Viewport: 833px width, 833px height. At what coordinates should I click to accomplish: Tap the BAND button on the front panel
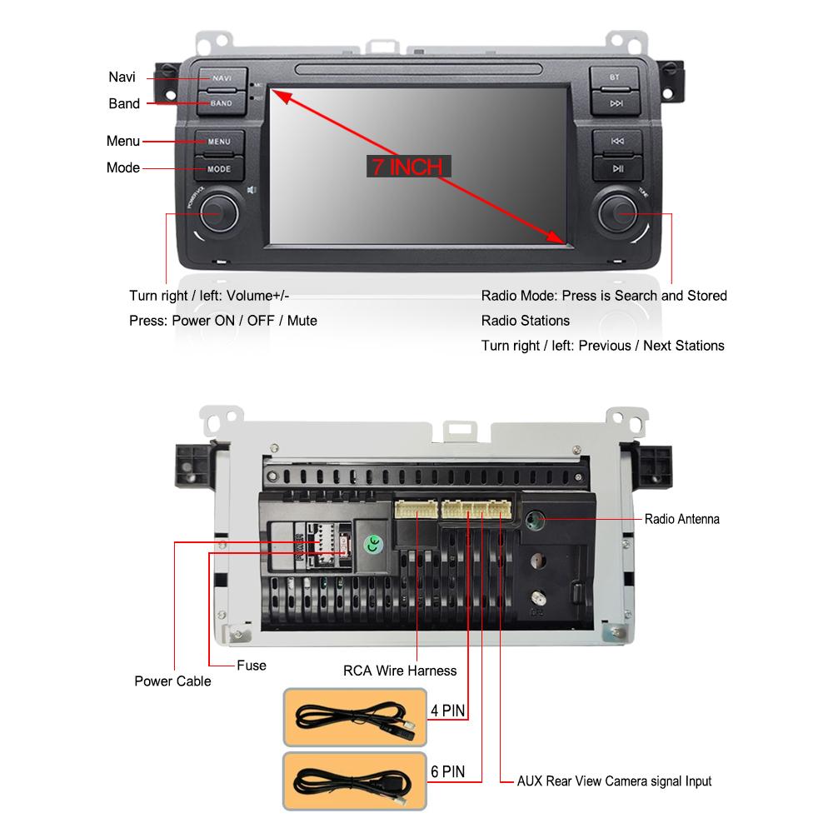pos(222,103)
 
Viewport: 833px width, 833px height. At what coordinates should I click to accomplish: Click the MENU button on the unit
pos(220,141)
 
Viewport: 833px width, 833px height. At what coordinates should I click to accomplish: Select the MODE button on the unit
pos(220,168)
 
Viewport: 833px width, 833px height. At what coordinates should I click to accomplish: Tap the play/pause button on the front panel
pos(616,168)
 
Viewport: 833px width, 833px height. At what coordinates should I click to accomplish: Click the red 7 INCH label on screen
pos(407,167)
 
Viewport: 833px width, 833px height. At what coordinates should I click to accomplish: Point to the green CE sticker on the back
pos(375,544)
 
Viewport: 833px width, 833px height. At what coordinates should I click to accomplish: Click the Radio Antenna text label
pos(681,519)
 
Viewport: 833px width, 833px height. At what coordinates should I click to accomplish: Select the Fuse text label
pos(251,665)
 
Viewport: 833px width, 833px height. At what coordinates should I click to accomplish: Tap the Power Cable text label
pos(172,681)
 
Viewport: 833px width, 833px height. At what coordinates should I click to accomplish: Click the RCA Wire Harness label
pos(400,670)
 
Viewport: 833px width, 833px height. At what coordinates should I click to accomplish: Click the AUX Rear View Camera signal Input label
pos(614,781)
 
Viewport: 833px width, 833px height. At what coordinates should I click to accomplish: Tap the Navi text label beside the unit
pos(122,77)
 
